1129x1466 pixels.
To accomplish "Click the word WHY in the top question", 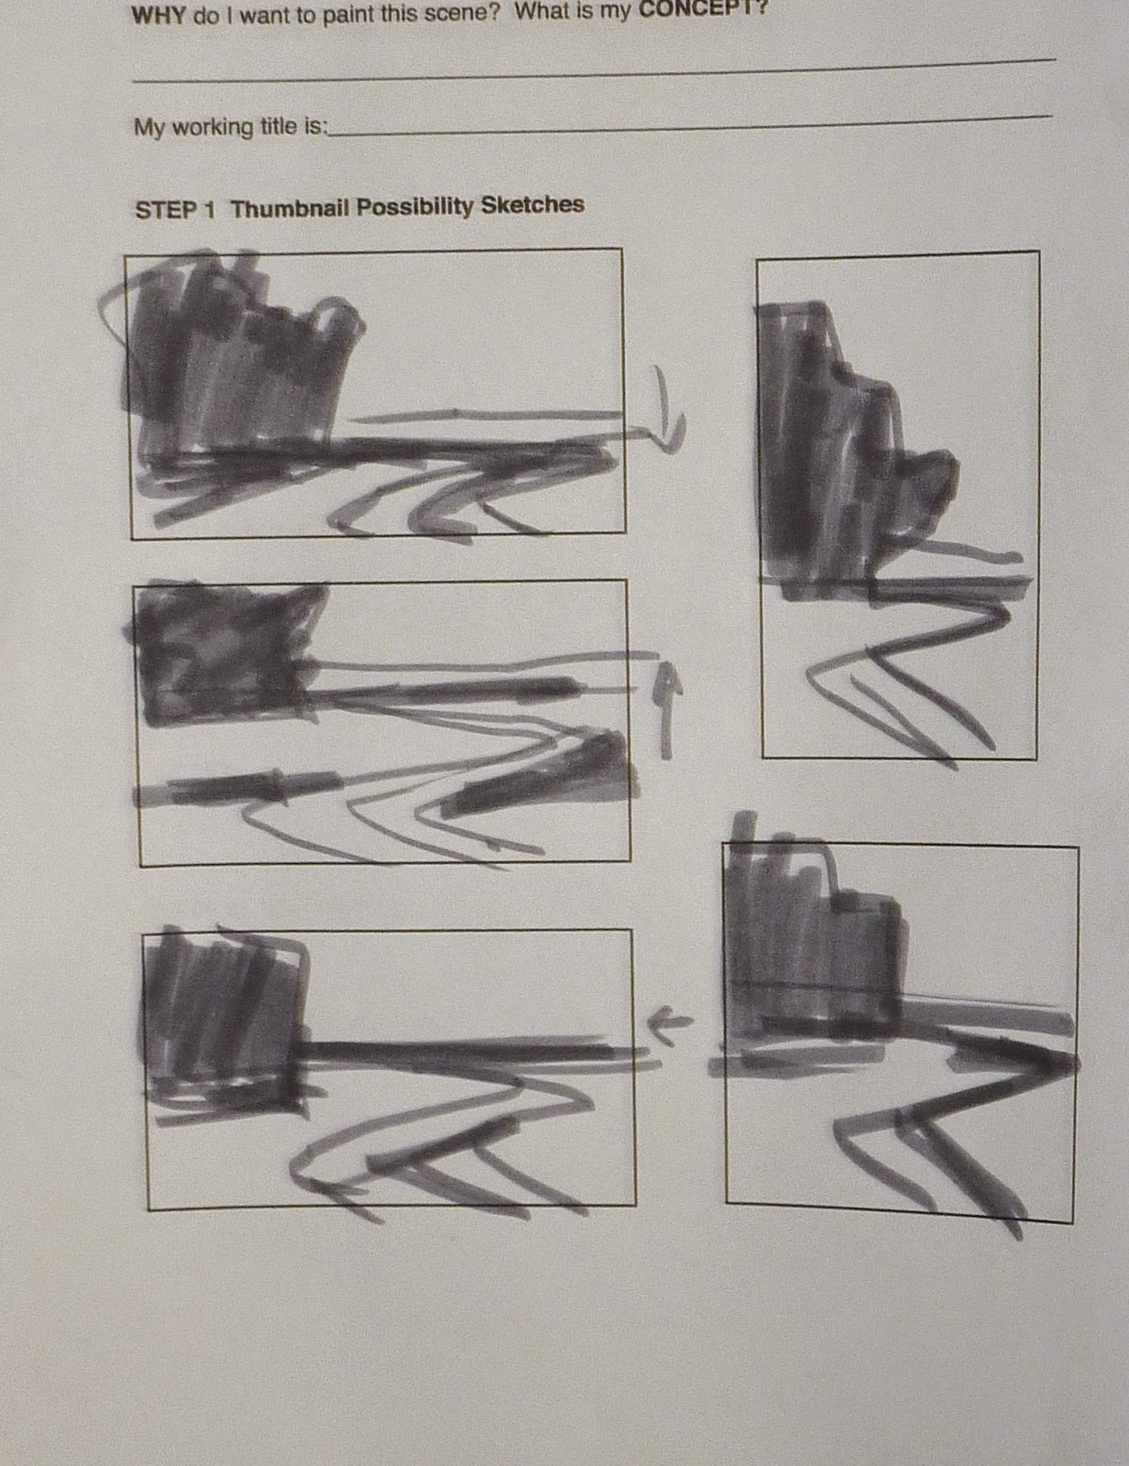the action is point(159,16).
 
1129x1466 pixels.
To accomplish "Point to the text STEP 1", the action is point(175,210).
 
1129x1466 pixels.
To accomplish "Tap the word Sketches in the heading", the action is point(532,203).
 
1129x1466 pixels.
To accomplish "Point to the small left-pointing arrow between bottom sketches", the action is point(670,1024).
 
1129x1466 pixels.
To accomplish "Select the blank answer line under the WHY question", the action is point(594,71).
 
